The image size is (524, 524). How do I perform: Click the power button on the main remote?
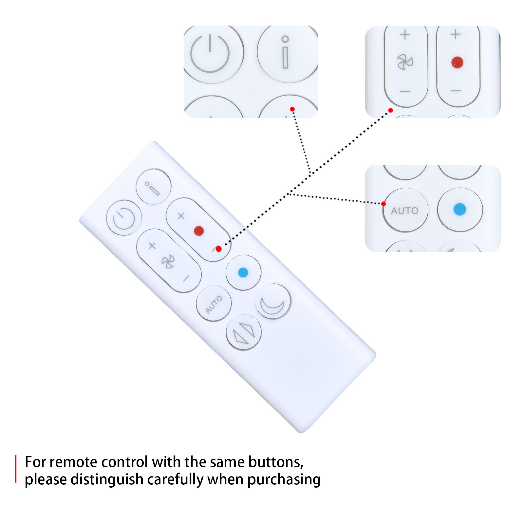pos(124,217)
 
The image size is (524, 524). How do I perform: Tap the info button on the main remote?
pos(153,187)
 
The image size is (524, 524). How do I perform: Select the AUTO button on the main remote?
pos(214,304)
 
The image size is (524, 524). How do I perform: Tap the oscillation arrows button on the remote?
pos(244,333)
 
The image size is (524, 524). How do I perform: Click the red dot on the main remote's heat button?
pos(199,231)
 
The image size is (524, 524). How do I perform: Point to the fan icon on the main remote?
pos(168,262)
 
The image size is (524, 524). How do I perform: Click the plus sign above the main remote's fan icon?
pos(152,246)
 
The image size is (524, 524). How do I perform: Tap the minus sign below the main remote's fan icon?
pos(186,279)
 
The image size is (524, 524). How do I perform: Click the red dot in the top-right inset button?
pos(457,62)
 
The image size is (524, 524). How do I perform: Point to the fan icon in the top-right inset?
pos(405,62)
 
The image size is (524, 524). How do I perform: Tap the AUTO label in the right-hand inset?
pos(405,211)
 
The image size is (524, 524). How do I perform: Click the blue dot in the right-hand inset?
pos(460,209)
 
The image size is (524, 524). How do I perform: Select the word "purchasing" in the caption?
pos(284,480)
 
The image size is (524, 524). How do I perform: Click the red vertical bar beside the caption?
pos(15,469)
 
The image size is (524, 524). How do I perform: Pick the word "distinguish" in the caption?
pos(108,480)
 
